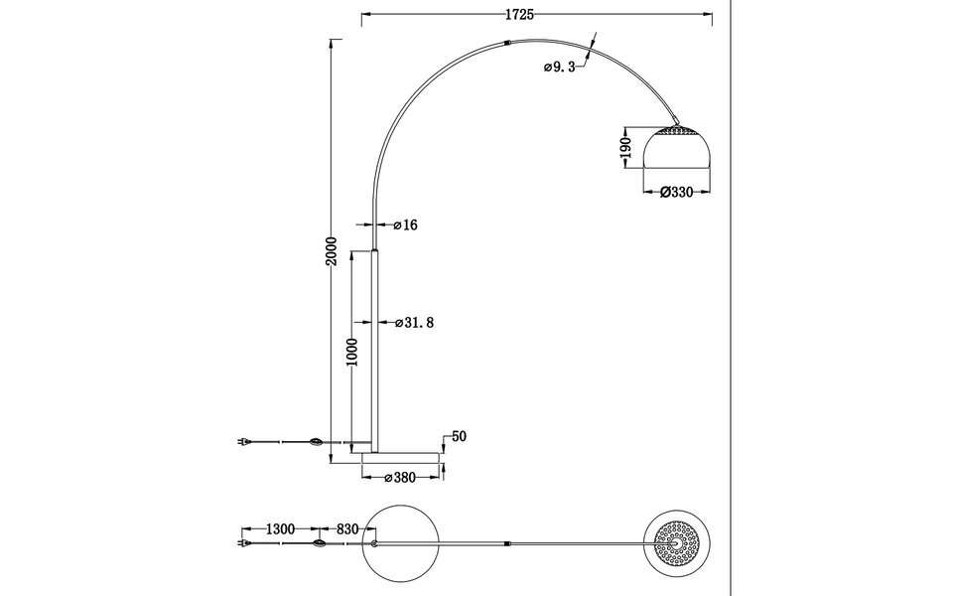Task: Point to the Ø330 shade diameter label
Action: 675,194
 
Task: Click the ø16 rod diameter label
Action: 405,225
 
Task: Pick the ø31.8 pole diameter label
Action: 414,323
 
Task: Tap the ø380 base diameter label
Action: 400,479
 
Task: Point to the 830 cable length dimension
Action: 347,529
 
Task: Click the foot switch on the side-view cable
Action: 317,442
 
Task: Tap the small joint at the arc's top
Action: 507,43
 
